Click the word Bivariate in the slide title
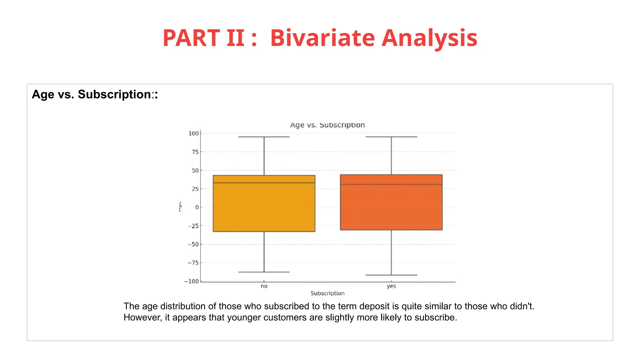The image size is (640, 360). (x=322, y=38)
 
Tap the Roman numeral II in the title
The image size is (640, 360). (x=235, y=38)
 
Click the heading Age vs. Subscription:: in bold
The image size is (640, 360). (x=95, y=94)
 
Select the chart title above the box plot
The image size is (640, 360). (x=327, y=125)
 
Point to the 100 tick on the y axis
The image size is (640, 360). (x=193, y=133)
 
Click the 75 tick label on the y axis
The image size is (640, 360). (x=195, y=152)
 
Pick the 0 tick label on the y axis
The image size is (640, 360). (x=197, y=207)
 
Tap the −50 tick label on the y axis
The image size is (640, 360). (x=193, y=244)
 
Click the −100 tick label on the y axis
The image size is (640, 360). (x=192, y=281)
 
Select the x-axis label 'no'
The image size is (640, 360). (x=264, y=286)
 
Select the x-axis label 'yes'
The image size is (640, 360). (x=391, y=286)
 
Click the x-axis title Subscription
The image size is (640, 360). (x=327, y=293)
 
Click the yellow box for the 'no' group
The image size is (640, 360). (x=264, y=209)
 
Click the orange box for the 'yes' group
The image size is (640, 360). (x=391, y=209)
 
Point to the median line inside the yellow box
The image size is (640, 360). (x=264, y=183)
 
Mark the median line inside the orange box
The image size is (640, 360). (x=391, y=184)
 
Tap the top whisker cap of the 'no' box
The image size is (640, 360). (x=264, y=137)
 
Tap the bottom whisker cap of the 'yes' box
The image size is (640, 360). (x=391, y=275)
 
